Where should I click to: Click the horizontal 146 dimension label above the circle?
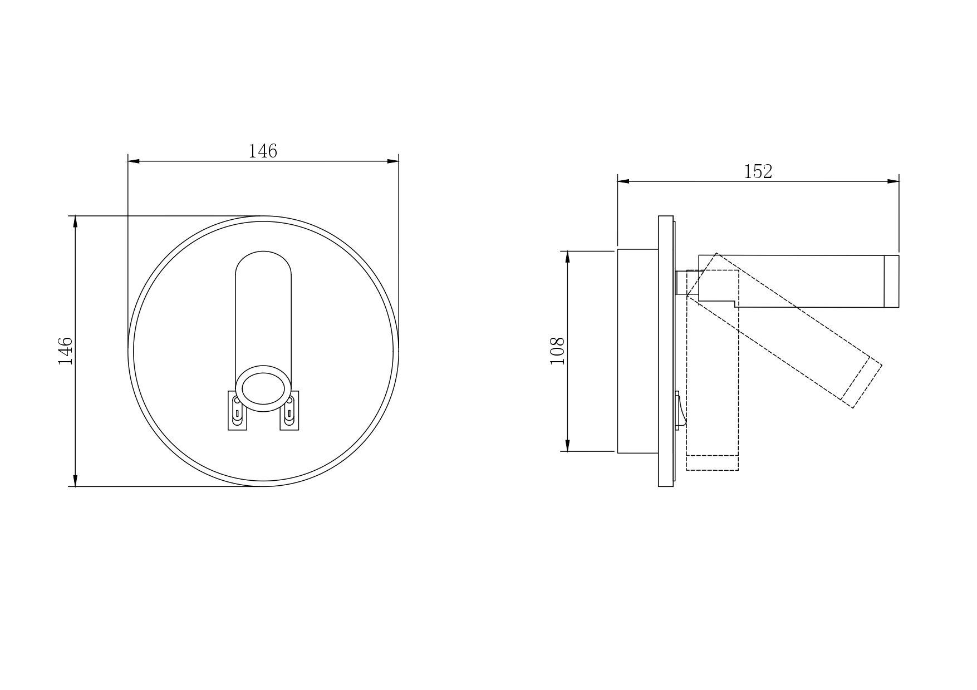(x=263, y=151)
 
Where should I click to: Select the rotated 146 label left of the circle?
(x=66, y=351)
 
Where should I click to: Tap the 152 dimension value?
(x=758, y=171)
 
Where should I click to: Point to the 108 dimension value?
(x=557, y=351)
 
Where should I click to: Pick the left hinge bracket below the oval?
(x=237, y=411)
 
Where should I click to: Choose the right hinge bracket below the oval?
(x=289, y=411)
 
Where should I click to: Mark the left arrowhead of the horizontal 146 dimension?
(x=134, y=161)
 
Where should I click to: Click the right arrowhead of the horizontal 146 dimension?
(x=393, y=161)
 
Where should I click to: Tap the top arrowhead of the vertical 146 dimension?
(x=75, y=221)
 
